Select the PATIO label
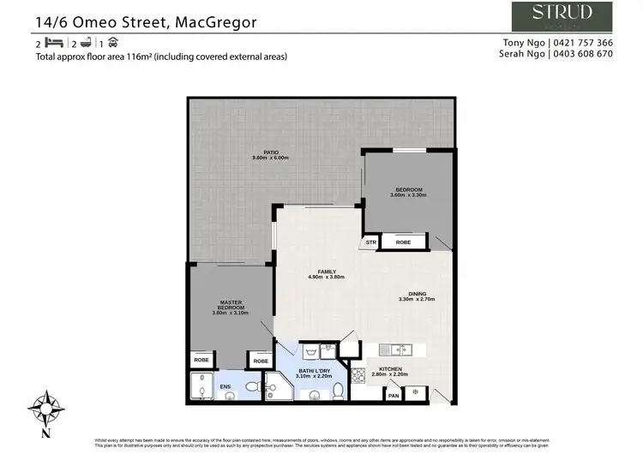pos(271,155)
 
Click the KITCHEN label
pos(389,370)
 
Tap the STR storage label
pos(371,242)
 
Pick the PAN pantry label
pos(394,395)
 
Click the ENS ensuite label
pos(225,386)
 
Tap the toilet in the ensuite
pos(252,387)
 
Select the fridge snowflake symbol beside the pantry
pos(416,393)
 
